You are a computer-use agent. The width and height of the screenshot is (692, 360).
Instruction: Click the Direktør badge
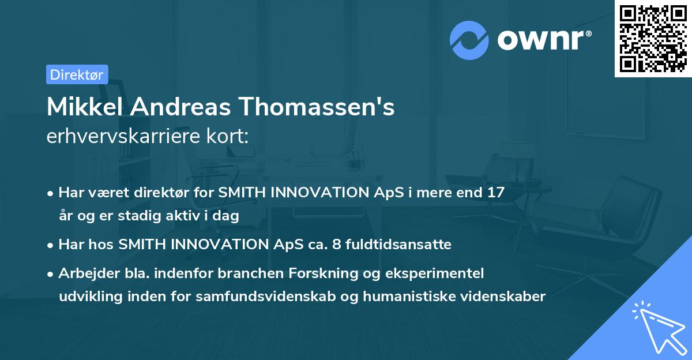point(77,74)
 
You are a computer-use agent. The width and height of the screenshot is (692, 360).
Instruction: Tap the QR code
point(652,38)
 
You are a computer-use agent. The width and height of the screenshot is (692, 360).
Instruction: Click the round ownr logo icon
point(469,40)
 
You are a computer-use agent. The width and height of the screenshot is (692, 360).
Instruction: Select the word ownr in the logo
point(543,40)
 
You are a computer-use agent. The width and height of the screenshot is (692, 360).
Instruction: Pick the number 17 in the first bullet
point(495,193)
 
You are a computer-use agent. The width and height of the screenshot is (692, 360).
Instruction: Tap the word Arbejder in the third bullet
point(83,273)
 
